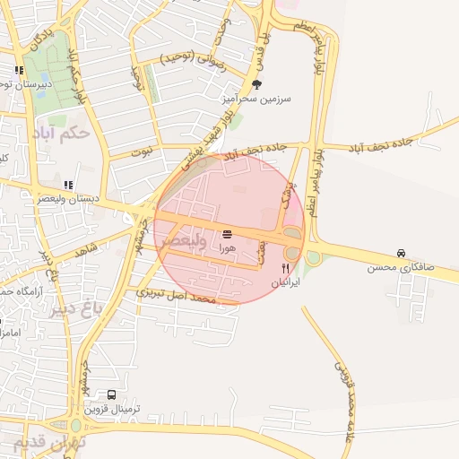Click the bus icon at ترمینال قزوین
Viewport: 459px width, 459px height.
coord(111,394)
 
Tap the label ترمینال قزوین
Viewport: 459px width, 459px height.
coord(113,410)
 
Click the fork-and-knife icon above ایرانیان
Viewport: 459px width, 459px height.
coord(286,267)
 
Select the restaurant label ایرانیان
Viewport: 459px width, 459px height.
coord(286,281)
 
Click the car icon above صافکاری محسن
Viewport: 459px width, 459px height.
coord(400,254)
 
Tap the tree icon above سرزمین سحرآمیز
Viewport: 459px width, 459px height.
coord(258,85)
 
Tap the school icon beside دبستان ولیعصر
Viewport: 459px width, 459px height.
coord(69,185)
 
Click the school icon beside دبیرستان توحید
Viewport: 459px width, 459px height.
coord(18,70)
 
